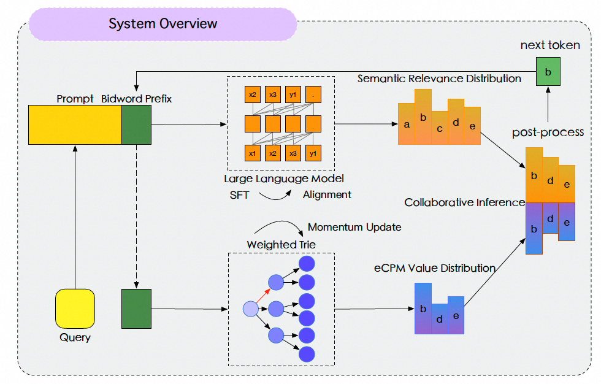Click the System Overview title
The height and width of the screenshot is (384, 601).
(x=163, y=24)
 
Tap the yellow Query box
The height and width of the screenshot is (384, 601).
(x=75, y=309)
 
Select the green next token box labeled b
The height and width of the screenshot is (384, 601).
(x=548, y=71)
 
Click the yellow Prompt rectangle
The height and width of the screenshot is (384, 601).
(x=75, y=125)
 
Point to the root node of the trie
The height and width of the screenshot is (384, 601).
(x=251, y=309)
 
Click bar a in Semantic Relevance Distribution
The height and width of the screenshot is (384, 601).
(x=407, y=124)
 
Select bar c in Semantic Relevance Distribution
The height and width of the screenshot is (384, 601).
(x=439, y=129)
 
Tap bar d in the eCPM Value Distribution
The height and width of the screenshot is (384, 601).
(x=439, y=319)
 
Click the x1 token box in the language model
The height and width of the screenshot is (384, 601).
(x=252, y=152)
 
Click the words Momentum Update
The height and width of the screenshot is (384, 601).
(x=354, y=227)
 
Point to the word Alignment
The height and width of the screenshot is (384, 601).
(x=327, y=194)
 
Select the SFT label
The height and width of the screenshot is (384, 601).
(x=240, y=194)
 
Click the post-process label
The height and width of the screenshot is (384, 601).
(x=548, y=132)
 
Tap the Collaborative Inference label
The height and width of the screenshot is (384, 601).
(x=464, y=202)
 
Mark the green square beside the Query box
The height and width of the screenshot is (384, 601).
(x=136, y=309)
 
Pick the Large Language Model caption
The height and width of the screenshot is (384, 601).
(x=283, y=179)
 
